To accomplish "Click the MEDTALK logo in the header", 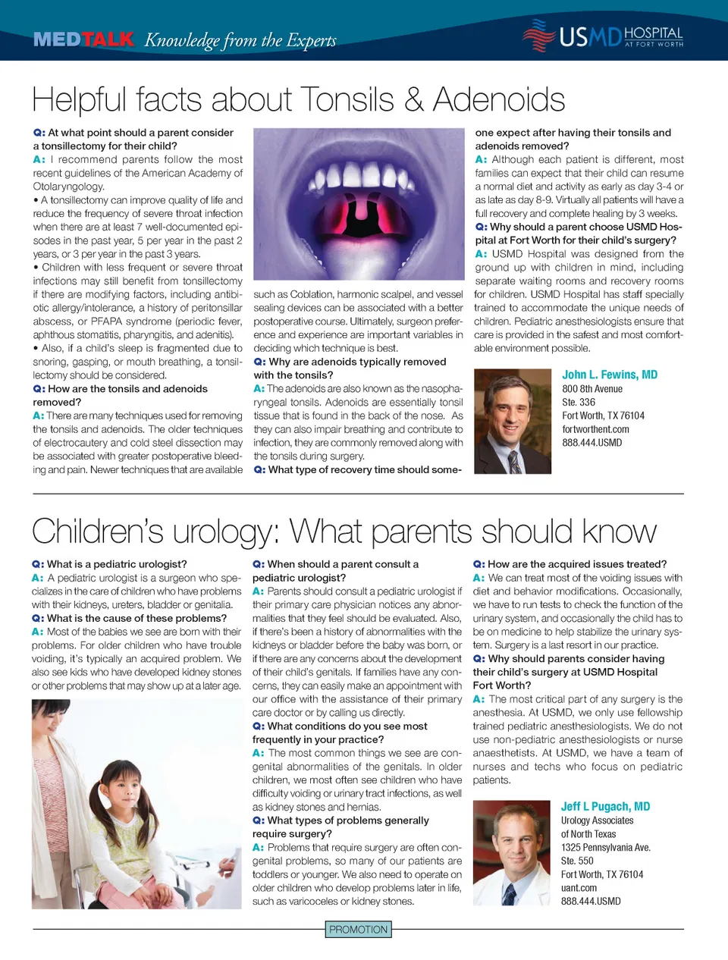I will pyautogui.click(x=83, y=39).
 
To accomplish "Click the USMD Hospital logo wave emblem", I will pyautogui.click(x=538, y=35).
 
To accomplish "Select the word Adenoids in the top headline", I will pyautogui.click(x=499, y=100).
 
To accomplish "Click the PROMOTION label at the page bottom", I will pyautogui.click(x=359, y=930).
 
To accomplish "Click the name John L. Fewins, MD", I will pyautogui.click(x=610, y=375).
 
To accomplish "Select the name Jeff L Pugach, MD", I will pyautogui.click(x=605, y=807).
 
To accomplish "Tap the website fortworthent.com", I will pyautogui.click(x=595, y=429).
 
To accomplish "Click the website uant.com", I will pyautogui.click(x=579, y=888).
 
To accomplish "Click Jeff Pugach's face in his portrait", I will pyautogui.click(x=518, y=841).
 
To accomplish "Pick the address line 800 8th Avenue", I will pyautogui.click(x=592, y=389).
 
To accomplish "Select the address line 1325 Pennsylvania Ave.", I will pyautogui.click(x=605, y=848).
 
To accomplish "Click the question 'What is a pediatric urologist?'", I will pyautogui.click(x=116, y=564).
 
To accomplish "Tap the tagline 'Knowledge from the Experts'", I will pyautogui.click(x=240, y=40).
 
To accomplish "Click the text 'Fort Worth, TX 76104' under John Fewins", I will pyautogui.click(x=603, y=416).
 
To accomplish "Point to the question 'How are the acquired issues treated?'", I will pyautogui.click(x=576, y=564).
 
